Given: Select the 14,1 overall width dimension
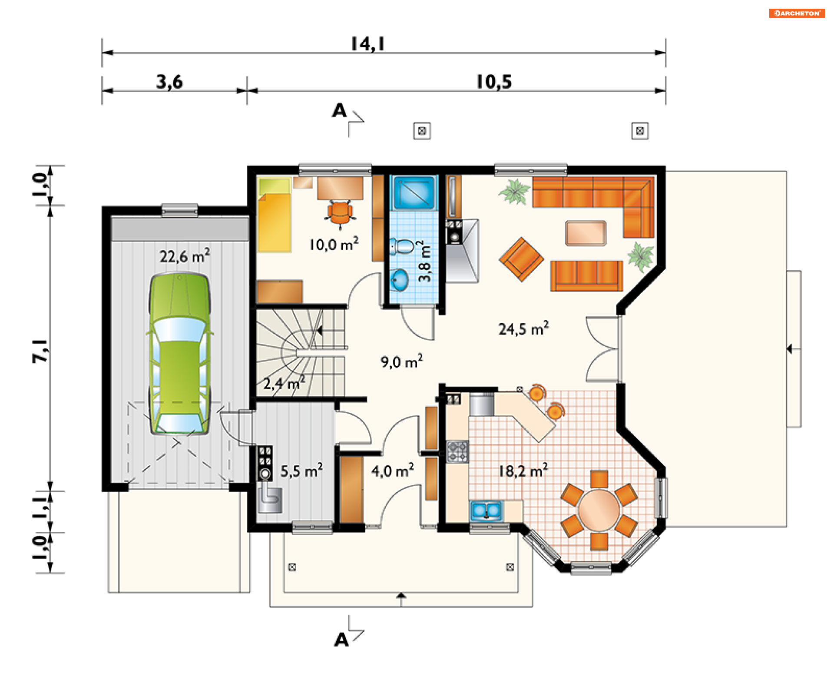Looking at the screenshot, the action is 367,43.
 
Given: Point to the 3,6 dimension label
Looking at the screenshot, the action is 169,82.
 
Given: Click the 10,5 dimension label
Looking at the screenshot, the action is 494,82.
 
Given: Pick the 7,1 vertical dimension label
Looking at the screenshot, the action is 40,351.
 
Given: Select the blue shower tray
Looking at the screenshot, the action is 414,192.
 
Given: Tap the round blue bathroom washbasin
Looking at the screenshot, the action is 399,279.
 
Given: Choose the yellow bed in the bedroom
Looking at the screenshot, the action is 274,215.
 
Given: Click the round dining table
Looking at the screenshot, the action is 599,510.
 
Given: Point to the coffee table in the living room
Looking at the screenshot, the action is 586,233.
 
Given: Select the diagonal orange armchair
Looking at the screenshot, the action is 522,259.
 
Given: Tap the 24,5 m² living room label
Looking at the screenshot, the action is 523,328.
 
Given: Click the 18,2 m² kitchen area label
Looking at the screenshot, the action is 523,471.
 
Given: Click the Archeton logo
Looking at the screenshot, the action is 797,13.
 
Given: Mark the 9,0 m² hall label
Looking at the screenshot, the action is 402,361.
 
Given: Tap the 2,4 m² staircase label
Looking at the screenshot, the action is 284,383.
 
